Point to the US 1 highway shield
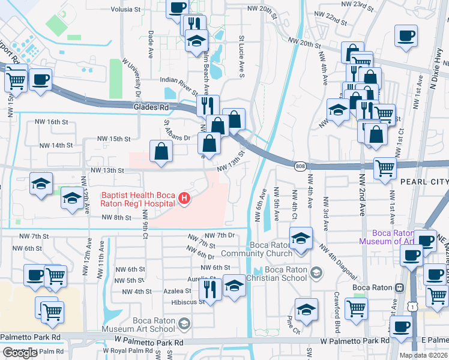tap(412, 306)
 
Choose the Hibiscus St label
tap(188, 302)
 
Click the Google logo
tap(20, 353)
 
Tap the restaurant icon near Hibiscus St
tap(209, 289)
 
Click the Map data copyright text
tap(424, 355)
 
